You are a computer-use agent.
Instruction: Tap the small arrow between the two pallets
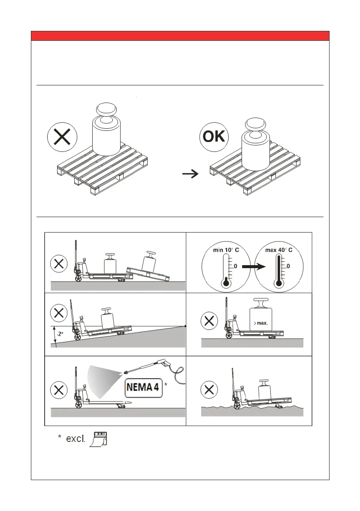190,173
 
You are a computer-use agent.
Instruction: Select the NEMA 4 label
143,388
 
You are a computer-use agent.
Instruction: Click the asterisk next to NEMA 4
166,384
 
